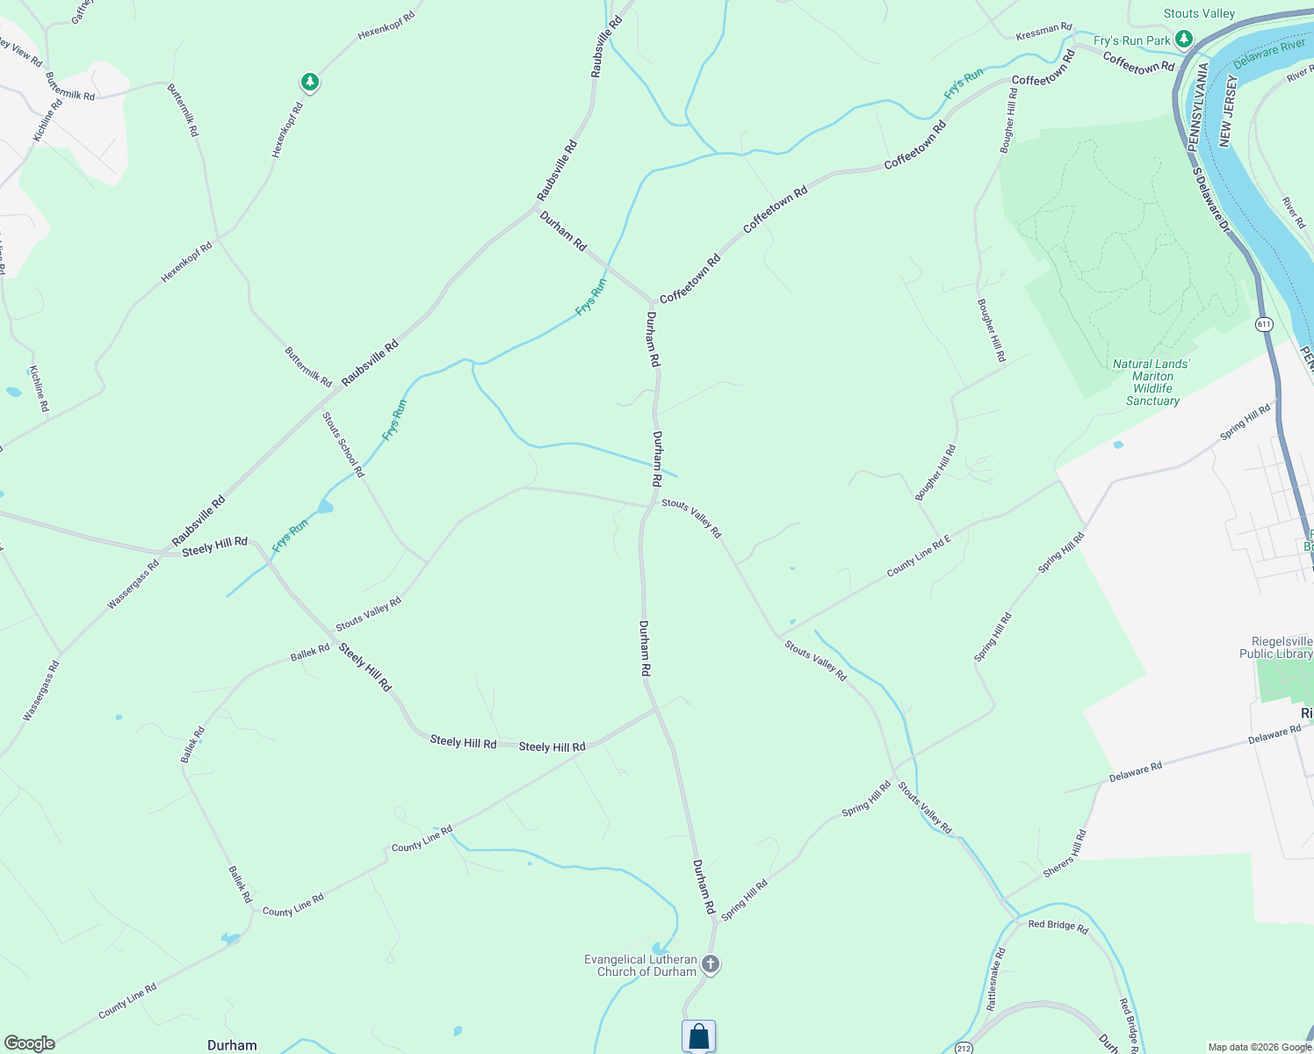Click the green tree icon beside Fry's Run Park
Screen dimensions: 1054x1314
[1184, 39]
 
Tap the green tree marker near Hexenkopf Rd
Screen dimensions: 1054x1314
[309, 83]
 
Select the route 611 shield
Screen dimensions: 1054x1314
[1264, 324]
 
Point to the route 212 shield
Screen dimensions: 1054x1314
[964, 1048]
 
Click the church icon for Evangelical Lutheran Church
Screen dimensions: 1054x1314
[711, 964]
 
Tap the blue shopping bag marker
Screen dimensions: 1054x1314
[698, 1036]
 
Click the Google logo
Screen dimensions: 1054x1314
[30, 1043]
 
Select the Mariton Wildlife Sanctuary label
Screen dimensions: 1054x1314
[1152, 382]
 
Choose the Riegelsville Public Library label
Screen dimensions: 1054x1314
[1275, 647]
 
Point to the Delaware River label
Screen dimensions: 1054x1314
[1269, 54]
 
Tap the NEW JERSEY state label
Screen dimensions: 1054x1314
[1227, 111]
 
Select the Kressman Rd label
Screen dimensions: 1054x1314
[1043, 32]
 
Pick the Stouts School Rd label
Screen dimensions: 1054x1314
[343, 444]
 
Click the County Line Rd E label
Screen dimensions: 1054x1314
[919, 556]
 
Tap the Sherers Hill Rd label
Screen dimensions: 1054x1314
[1065, 854]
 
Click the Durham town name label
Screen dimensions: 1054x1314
[232, 1045]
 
